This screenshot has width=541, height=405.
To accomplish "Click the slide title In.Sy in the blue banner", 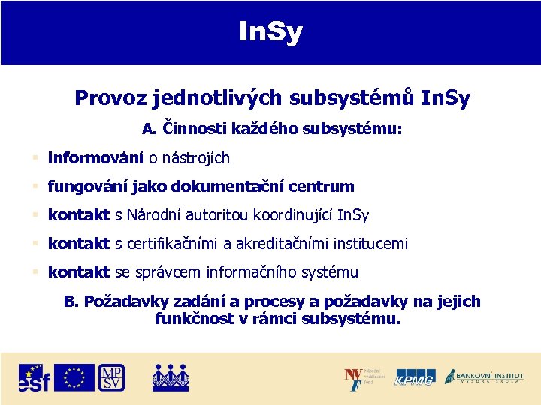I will pyautogui.click(x=270, y=31).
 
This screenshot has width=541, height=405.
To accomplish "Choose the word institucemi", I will pyautogui.click(x=368, y=244).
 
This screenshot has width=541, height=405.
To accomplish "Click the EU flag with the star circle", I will pyautogui.click(x=74, y=377).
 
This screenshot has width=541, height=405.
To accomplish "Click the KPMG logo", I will pyautogui.click(x=415, y=377).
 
